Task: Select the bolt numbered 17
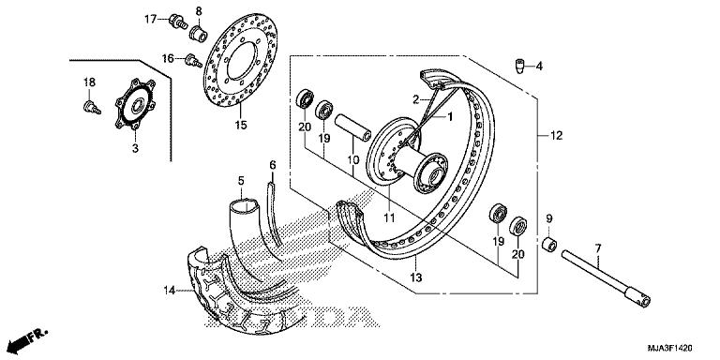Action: click(x=178, y=22)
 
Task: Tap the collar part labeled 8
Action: click(x=200, y=34)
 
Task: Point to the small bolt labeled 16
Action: click(x=193, y=61)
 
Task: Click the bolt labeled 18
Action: click(x=92, y=109)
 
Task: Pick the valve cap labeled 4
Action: click(x=518, y=67)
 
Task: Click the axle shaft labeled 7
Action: click(x=606, y=278)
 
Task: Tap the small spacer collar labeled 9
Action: click(x=549, y=245)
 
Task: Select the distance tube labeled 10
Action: click(x=352, y=127)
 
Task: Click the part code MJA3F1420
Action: click(x=670, y=348)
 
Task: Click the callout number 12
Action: click(x=556, y=135)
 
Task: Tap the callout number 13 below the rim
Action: click(x=415, y=277)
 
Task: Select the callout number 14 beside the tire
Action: click(x=170, y=290)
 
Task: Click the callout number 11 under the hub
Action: click(x=389, y=218)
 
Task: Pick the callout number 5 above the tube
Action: click(x=241, y=180)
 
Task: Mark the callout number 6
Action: click(x=272, y=164)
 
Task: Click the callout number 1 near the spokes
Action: click(x=450, y=116)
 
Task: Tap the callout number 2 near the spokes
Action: click(x=415, y=98)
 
